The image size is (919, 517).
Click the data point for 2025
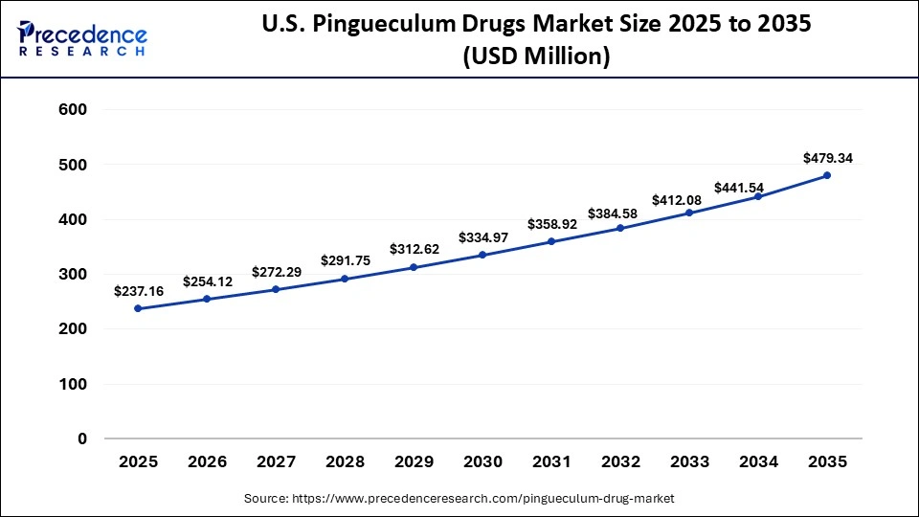(139, 308)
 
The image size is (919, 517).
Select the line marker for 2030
(482, 255)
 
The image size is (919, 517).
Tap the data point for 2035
(827, 175)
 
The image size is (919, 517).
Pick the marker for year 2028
(345, 279)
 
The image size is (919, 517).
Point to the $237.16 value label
(138, 290)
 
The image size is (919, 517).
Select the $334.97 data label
(483, 236)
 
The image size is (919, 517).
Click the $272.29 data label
(276, 272)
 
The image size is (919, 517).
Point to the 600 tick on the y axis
(74, 110)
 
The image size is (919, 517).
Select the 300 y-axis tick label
(74, 275)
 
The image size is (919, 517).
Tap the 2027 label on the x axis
(276, 461)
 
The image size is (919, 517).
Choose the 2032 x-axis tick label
(620, 461)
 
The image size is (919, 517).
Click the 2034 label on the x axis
(758, 461)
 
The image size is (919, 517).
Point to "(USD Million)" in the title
(536, 56)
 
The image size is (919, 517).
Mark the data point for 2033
(689, 213)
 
